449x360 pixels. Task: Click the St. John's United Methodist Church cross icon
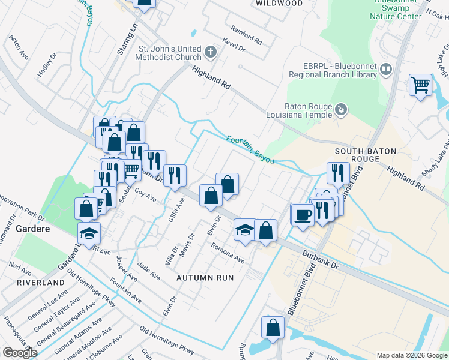point(210,52)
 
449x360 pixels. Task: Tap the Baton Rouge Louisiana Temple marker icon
point(340,109)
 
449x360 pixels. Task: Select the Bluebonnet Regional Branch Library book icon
point(386,71)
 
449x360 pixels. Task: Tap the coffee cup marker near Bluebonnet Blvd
point(302,214)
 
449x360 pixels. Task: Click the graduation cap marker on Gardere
point(89,232)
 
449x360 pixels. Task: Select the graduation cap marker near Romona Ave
point(244,230)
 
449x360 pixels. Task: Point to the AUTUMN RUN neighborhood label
point(205,278)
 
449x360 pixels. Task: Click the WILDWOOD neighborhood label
point(279,3)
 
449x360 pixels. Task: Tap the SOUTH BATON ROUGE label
point(357,155)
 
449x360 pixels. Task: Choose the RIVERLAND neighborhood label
point(40,282)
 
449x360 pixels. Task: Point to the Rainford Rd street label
point(247,35)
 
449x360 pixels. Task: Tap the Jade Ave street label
point(148,271)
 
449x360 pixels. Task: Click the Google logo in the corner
point(19,352)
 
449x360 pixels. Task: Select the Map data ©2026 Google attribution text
point(411,355)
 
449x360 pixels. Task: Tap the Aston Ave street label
point(19,46)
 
